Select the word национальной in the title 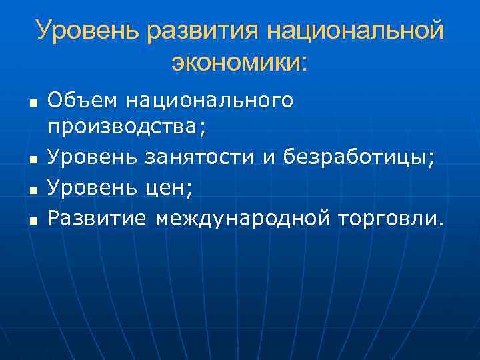pos(354,31)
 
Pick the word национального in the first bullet pos(209,101)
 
